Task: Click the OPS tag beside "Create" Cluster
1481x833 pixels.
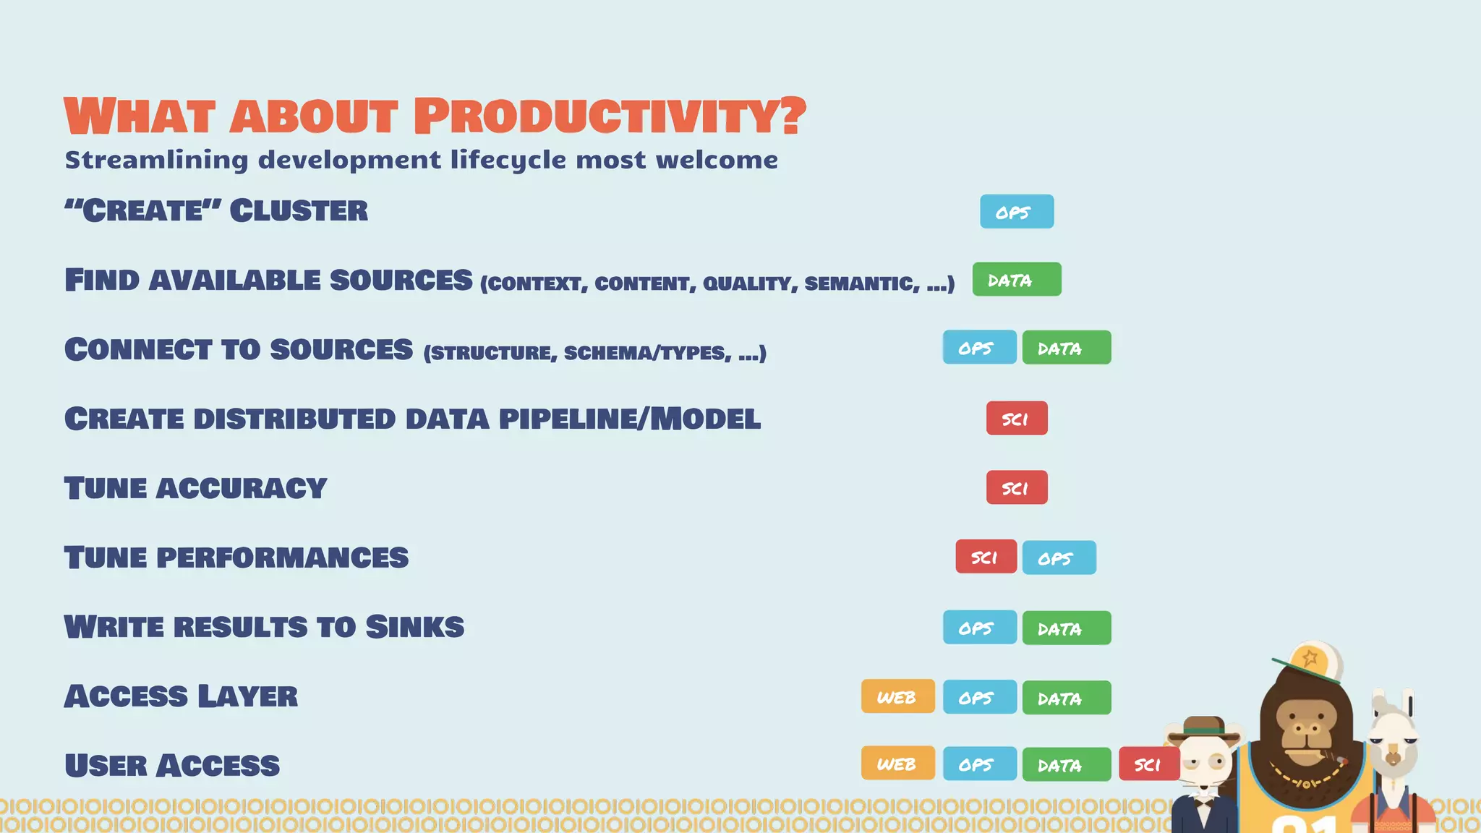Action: point(1016,212)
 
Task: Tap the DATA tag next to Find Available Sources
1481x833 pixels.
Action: point(1016,280)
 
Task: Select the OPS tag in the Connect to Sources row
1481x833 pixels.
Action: point(979,348)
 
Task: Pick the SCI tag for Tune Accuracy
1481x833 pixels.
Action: point(1016,488)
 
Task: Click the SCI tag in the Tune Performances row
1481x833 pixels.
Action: point(986,557)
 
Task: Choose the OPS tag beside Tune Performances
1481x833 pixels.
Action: point(1059,558)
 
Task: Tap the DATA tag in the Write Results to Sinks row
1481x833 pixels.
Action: point(1066,628)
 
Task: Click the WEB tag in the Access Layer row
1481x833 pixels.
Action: point(897,696)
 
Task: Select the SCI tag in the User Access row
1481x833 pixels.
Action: point(1148,764)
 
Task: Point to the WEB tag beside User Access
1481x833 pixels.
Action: point(897,764)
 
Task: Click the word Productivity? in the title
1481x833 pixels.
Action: point(610,116)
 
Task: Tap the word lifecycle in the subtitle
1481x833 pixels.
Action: point(507,160)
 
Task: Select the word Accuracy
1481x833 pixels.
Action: point(242,488)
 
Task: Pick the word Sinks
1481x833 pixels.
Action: point(414,627)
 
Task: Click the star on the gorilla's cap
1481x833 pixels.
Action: point(1310,658)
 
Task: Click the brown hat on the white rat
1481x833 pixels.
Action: point(1203,726)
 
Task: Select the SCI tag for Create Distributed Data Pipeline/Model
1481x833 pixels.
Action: point(1016,419)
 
